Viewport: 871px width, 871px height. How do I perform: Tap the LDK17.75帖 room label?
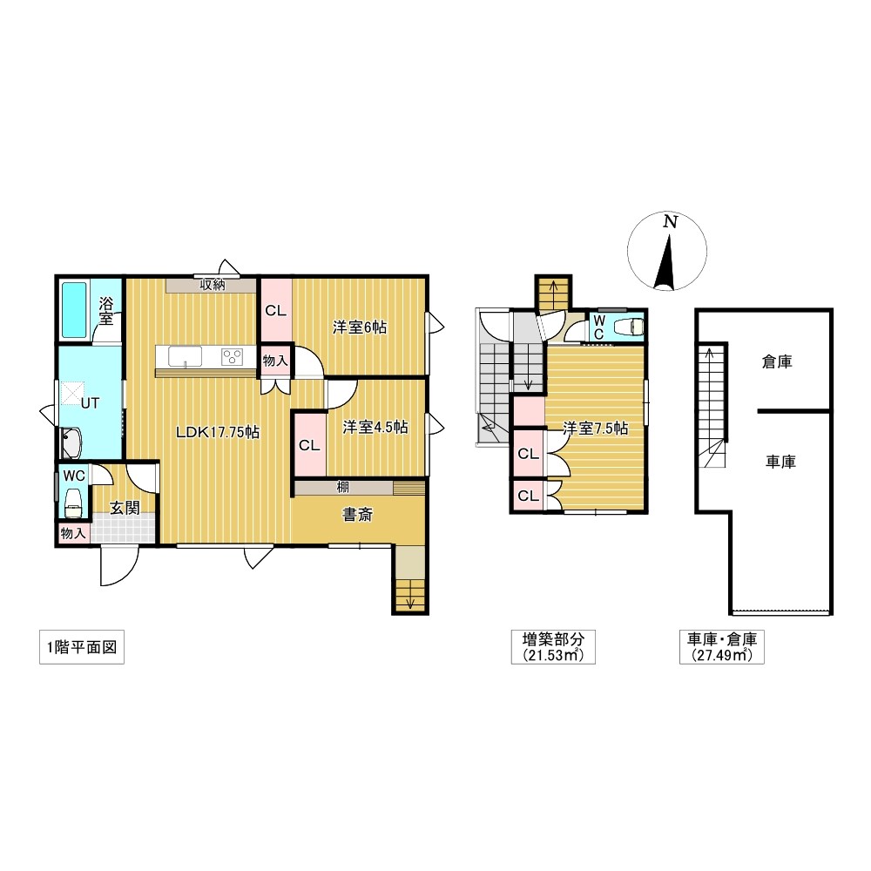[217, 432]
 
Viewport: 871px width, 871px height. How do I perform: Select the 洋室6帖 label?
[360, 327]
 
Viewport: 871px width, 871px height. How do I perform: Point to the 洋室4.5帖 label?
[375, 427]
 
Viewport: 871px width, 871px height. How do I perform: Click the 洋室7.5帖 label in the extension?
[596, 429]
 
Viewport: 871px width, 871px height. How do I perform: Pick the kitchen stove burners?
[232, 356]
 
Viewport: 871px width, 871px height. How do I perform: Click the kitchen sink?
[185, 356]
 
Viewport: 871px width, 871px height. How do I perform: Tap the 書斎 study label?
[357, 515]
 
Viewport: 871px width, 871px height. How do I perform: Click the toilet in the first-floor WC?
[73, 503]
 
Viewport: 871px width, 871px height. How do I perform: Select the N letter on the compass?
[671, 222]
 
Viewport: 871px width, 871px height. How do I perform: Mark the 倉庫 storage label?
[777, 362]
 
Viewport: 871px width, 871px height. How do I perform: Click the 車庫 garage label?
[780, 462]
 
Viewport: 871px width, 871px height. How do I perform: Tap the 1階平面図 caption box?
[82, 647]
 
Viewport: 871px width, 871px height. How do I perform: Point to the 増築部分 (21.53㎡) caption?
[553, 647]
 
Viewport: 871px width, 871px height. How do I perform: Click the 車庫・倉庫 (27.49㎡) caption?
[721, 647]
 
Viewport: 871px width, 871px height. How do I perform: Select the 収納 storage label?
[213, 286]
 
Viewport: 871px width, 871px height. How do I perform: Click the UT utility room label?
[90, 403]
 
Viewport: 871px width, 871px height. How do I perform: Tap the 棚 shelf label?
[342, 488]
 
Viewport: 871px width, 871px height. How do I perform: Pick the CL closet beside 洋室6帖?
[276, 310]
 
